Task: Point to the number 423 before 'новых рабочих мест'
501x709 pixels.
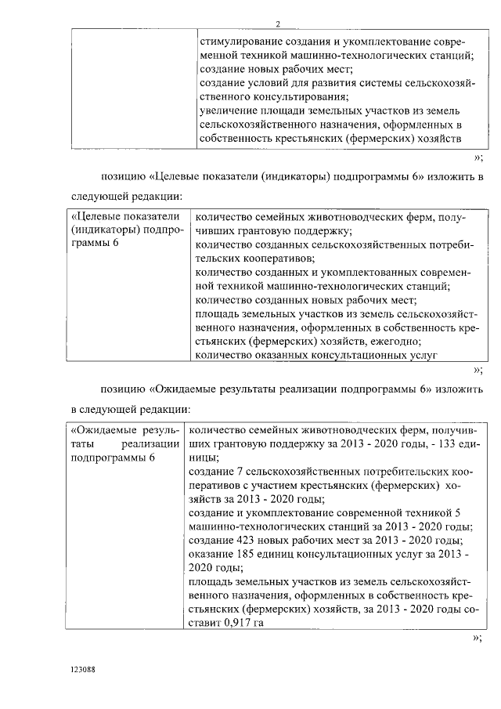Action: (x=243, y=541)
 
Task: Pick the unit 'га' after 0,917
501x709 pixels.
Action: (x=255, y=623)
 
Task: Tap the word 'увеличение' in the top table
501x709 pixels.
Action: (x=226, y=111)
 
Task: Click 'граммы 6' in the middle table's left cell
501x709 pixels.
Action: (x=92, y=244)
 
